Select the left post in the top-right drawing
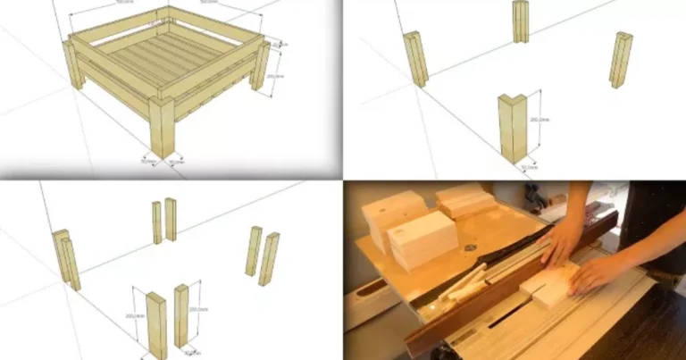[416, 59]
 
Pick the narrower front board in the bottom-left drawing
[181, 314]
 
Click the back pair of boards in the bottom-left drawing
[163, 221]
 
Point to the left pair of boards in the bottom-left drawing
[65, 259]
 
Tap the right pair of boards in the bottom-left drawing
[262, 255]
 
